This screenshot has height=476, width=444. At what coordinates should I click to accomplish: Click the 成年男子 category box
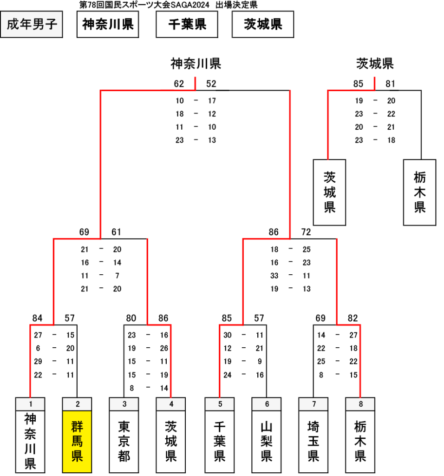coord(32,24)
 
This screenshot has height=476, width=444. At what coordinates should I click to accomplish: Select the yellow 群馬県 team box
coord(77,442)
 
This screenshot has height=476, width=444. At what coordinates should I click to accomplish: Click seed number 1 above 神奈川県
coord(30,404)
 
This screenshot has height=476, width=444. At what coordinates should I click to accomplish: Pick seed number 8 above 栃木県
coord(360,404)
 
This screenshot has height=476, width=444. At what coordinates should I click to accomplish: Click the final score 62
coord(179,84)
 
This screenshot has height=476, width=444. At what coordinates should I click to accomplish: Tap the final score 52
coord(211,84)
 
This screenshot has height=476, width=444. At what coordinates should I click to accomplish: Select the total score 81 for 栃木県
coord(390,84)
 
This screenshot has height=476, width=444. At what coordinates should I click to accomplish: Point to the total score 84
coord(37,318)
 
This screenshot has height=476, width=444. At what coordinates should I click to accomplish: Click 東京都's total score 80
coord(131,318)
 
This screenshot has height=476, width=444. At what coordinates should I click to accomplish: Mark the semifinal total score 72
coord(306,232)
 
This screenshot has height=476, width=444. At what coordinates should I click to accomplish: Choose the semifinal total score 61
coord(116,232)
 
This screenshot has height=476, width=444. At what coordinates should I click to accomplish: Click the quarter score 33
coord(274,276)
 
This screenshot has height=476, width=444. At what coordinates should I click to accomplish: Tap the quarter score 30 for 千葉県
coord(228,335)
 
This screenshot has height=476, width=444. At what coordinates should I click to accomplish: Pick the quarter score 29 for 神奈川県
coord(38,362)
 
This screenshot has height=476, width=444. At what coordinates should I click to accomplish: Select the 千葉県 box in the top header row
coord(187,24)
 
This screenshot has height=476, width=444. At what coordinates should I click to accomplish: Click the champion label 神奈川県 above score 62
coord(196,64)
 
